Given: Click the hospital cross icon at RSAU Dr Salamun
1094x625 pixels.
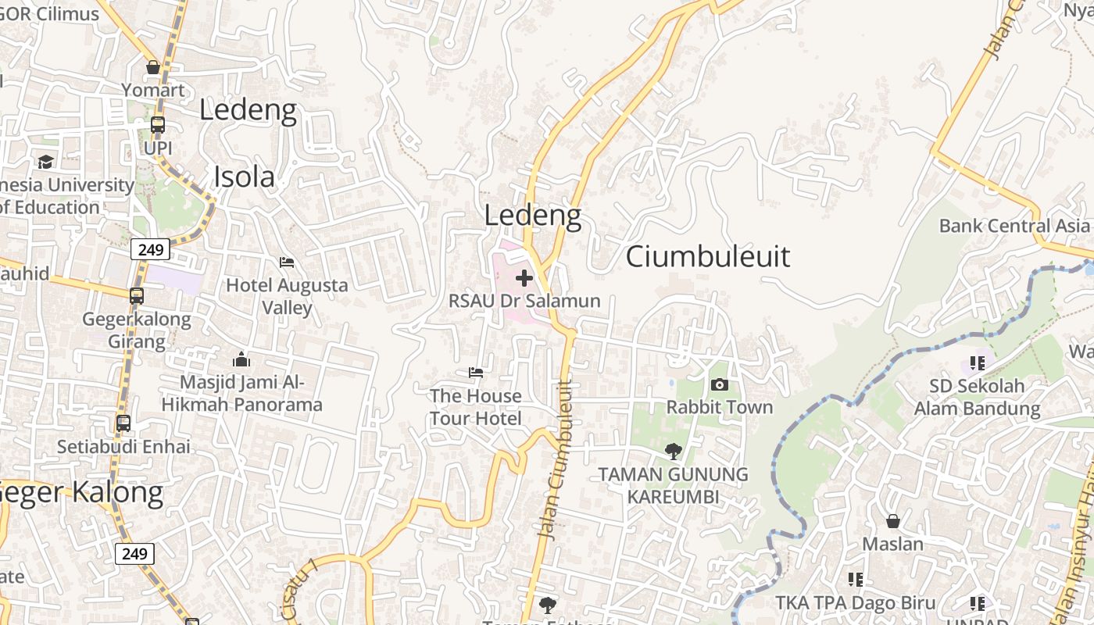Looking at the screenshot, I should pyautogui.click(x=524, y=278).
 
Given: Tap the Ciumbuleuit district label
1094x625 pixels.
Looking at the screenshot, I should pyautogui.click(x=708, y=256).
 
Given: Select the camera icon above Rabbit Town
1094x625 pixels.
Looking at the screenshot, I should pyautogui.click(x=720, y=384).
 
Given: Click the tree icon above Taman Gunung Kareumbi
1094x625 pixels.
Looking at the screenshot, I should pyautogui.click(x=673, y=451).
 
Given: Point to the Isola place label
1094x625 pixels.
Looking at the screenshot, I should pyautogui.click(x=245, y=177).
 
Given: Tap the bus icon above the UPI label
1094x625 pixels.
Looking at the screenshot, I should pyautogui.click(x=158, y=125).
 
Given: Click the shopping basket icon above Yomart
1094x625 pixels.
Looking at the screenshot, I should pyautogui.click(x=153, y=67).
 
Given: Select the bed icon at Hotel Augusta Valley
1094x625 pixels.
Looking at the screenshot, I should pyautogui.click(x=287, y=262).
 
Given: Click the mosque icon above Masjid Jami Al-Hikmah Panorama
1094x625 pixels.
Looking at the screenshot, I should pyautogui.click(x=241, y=359).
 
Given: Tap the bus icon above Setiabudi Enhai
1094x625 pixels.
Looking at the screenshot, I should pyautogui.click(x=123, y=423).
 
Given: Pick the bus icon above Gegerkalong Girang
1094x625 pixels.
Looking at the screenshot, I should pyautogui.click(x=137, y=296).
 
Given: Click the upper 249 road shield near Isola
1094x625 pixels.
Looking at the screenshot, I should pyautogui.click(x=150, y=250).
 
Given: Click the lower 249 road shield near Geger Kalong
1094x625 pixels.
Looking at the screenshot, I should pyautogui.click(x=134, y=554).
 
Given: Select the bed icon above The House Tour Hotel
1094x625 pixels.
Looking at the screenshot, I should pyautogui.click(x=476, y=373).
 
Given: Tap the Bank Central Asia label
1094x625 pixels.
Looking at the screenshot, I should pyautogui.click(x=1014, y=226).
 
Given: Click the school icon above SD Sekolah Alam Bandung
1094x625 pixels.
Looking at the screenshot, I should pyautogui.click(x=977, y=362).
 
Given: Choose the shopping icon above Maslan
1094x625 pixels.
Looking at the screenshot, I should pyautogui.click(x=892, y=521).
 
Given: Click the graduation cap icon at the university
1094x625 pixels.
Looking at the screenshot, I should pyautogui.click(x=45, y=162).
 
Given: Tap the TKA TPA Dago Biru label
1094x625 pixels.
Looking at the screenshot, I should pyautogui.click(x=855, y=602).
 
